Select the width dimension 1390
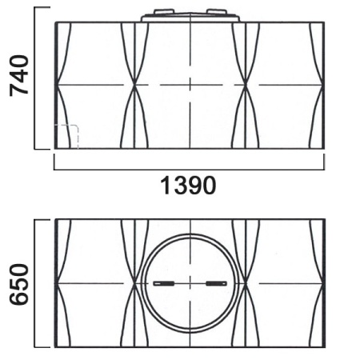click(189, 186)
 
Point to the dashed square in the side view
click(67, 137)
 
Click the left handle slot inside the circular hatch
click(163, 283)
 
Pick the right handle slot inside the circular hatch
click(216, 283)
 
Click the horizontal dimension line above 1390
click(189, 169)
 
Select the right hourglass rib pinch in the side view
click(246, 84)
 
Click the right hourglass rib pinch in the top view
click(246, 283)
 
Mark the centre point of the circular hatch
click(190, 283)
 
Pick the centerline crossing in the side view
click(190, 84)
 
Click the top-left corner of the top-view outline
click(54, 218)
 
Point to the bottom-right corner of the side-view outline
click(324, 149)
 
